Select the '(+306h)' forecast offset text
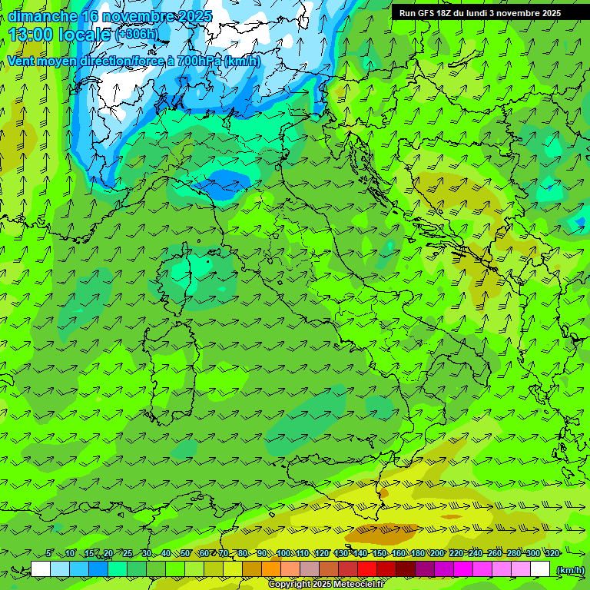[137, 35]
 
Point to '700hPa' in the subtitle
[198, 61]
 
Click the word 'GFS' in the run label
[429, 13]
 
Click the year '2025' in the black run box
[547, 13]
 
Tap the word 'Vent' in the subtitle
[22, 61]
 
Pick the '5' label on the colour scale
[49, 553]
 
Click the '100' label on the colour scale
[283, 553]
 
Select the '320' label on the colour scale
[552, 553]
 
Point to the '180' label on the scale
[417, 553]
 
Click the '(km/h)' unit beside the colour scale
[569, 569]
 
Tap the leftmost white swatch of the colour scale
[41, 569]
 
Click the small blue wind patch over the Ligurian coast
[223, 184]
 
